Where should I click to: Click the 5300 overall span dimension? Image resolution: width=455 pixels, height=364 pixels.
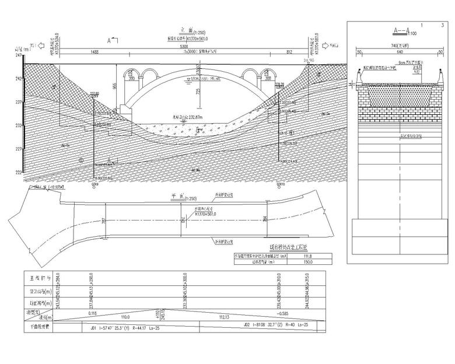pos(184,46)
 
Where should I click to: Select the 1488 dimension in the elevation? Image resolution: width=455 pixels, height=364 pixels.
pos(90,52)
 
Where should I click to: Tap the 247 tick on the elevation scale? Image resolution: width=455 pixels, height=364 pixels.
pos(19,55)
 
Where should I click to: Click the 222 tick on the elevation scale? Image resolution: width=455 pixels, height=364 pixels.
pos(19,172)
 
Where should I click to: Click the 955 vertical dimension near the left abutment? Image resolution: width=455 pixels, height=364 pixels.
pos(115,85)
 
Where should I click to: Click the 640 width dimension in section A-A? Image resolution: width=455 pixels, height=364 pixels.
pos(400,52)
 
